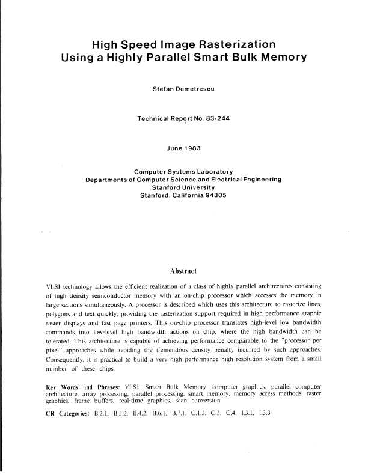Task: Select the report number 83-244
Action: click(216, 119)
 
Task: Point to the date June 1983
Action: click(183, 148)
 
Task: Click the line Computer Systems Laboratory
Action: click(183, 171)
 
